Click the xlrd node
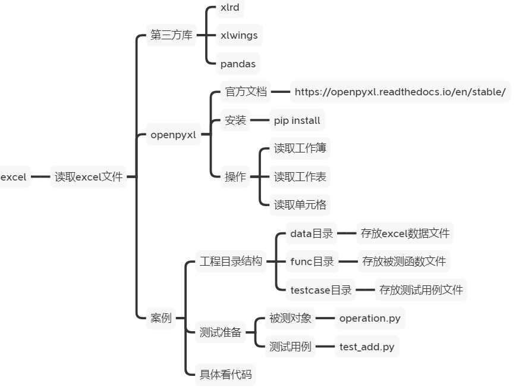tap(229, 8)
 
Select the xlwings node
tap(238, 35)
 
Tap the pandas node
tap(237, 64)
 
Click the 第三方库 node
tap(171, 35)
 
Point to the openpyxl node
tap(173, 135)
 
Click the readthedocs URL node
tap(400, 92)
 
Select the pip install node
tap(297, 120)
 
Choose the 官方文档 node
tap(246, 92)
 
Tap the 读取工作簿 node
tap(300, 148)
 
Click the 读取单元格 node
tap(300, 205)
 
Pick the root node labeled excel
tap(14, 177)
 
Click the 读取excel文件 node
tap(89, 177)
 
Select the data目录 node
tap(311, 234)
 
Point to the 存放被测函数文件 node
tap(404, 261)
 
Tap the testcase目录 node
tap(320, 290)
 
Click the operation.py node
tap(370, 318)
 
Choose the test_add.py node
tap(366, 347)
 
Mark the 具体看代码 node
tap(225, 375)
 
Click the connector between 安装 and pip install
tap(259, 120)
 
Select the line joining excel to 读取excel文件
tap(40, 177)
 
